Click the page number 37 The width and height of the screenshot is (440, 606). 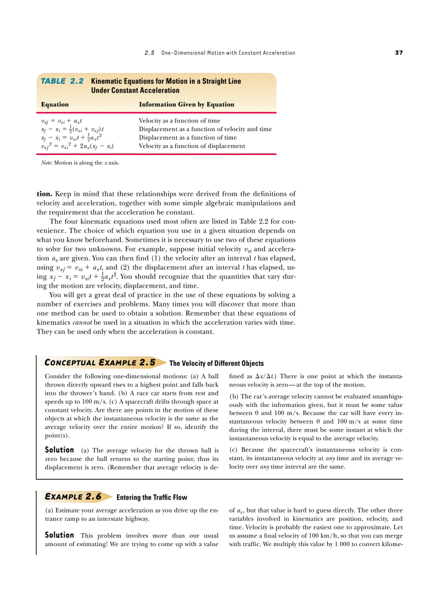[398, 53]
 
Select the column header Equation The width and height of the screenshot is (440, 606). [55, 104]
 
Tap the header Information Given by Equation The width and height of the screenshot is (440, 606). [187, 104]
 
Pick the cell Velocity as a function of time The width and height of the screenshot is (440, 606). [180, 121]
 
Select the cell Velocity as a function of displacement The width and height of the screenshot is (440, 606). [192, 146]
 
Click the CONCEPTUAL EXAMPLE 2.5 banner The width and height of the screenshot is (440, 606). [100, 363]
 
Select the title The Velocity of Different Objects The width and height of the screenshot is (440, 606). [216, 363]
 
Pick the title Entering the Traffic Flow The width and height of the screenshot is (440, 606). [152, 497]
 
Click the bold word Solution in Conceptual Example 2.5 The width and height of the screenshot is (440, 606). [59, 450]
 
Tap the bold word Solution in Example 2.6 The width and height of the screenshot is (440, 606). [59, 535]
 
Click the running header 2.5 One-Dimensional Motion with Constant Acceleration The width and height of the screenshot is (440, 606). [220, 53]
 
